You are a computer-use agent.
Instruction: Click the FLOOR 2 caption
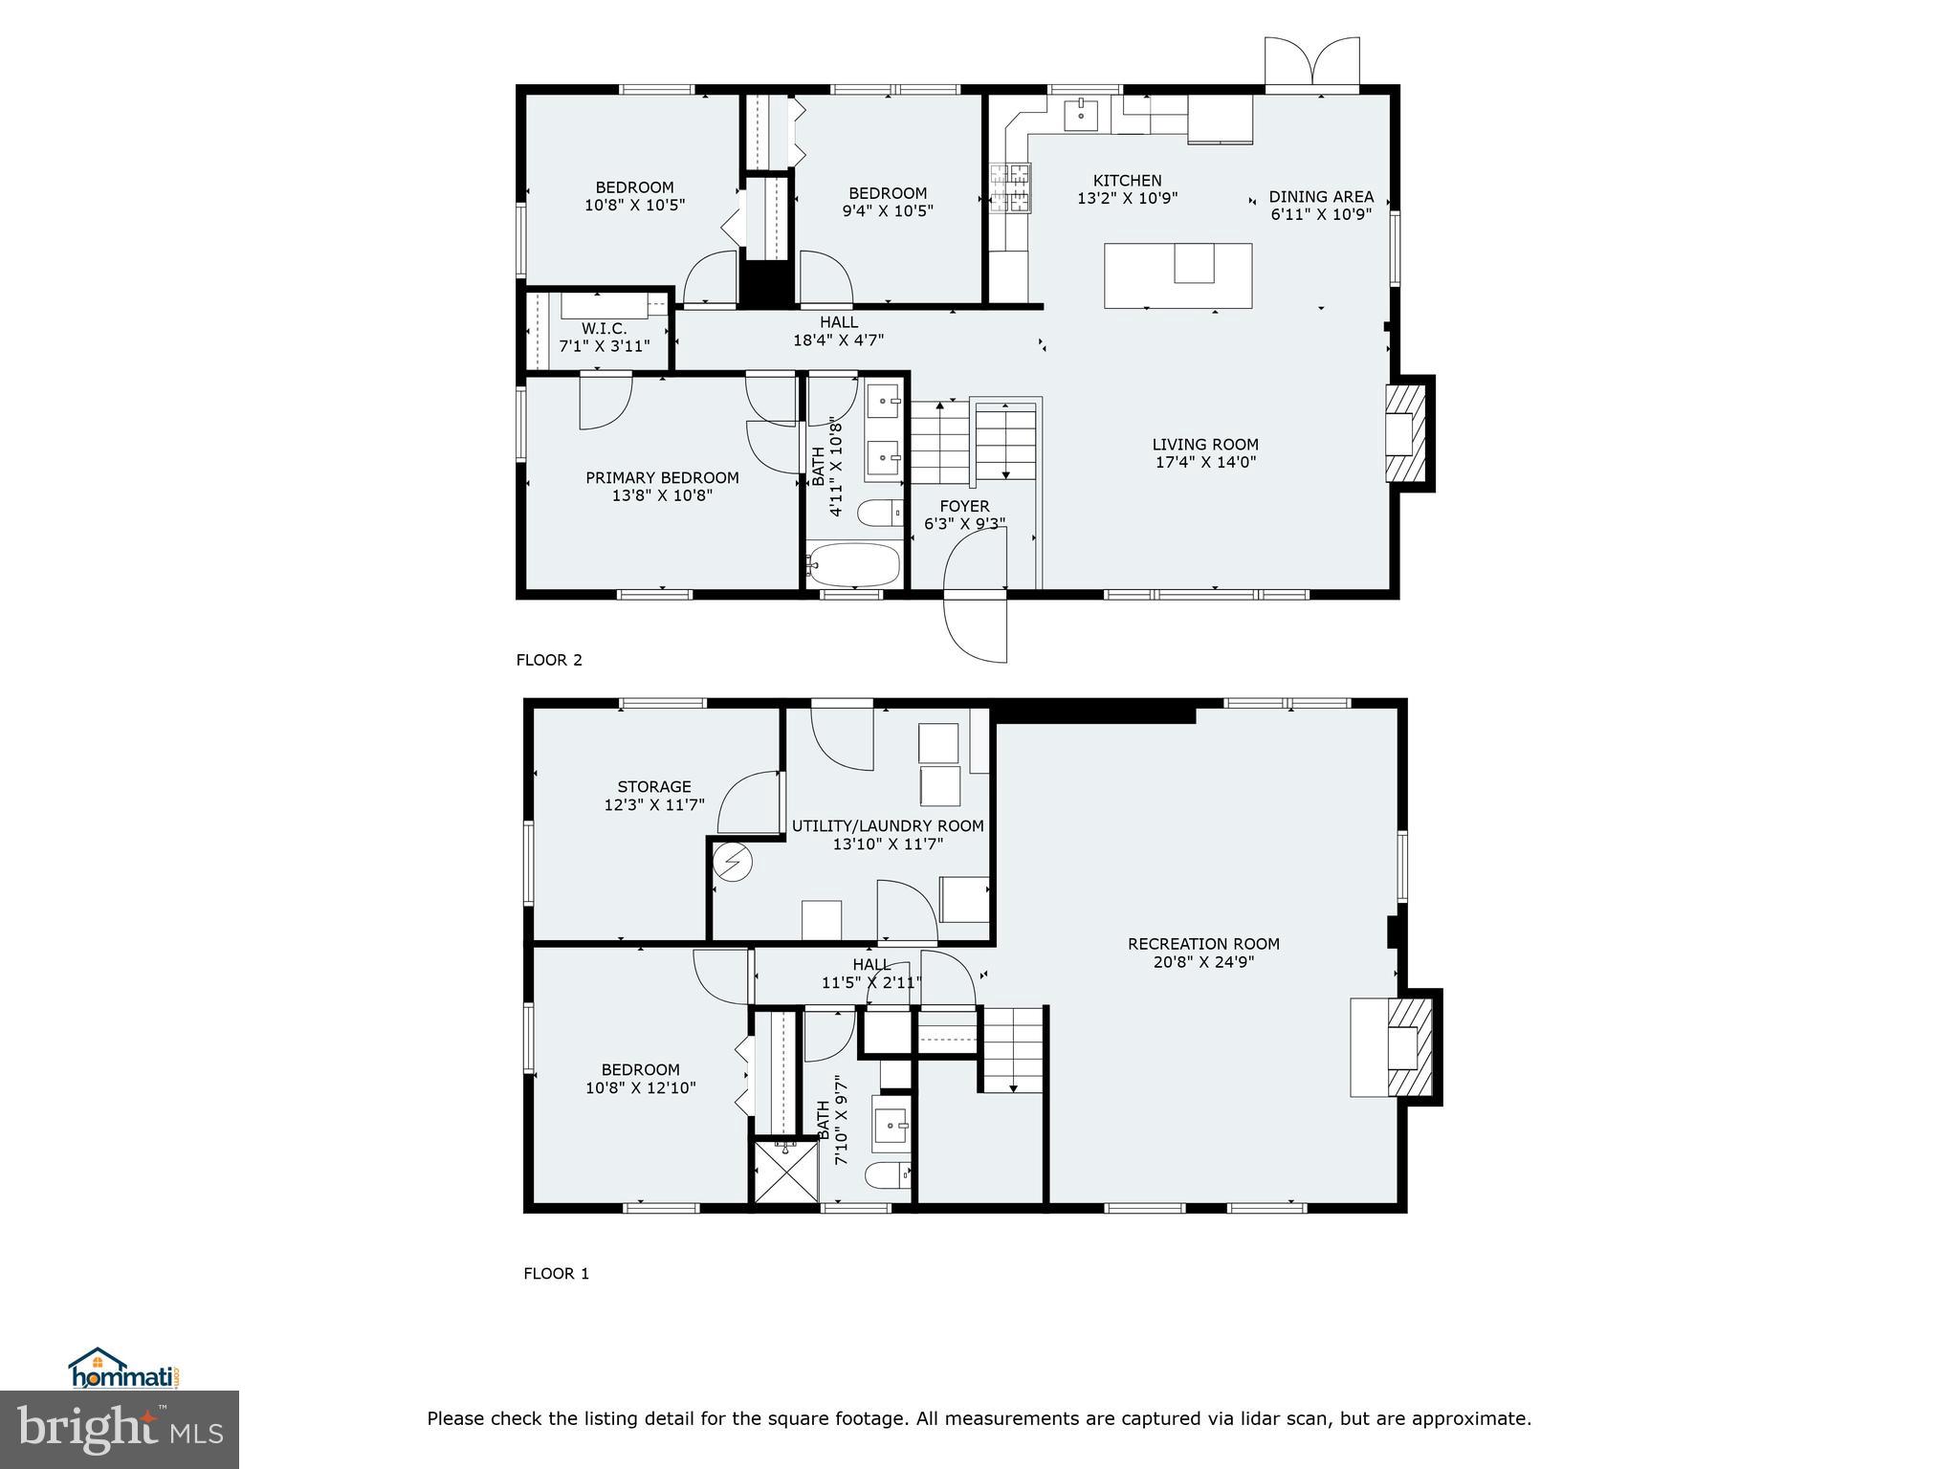[549, 660]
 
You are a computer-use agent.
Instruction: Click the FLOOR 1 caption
[556, 1274]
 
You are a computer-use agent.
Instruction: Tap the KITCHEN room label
[1127, 181]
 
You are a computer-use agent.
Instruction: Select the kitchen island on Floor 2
[1178, 275]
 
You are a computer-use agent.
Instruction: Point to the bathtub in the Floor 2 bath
[854, 565]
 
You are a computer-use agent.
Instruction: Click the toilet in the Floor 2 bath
[879, 514]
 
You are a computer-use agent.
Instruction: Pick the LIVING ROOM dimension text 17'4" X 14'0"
[1204, 462]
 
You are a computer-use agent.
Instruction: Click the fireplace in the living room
[1406, 432]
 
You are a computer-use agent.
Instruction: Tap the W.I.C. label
[604, 329]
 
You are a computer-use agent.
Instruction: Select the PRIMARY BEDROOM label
[662, 478]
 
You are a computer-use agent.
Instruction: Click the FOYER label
[964, 507]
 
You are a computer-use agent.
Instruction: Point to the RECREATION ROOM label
[1203, 944]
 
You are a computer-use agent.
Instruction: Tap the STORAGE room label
[654, 787]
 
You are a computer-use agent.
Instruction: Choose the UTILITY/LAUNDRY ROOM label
[888, 826]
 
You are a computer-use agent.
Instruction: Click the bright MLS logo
[120, 1429]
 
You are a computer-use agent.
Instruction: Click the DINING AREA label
[1321, 197]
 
